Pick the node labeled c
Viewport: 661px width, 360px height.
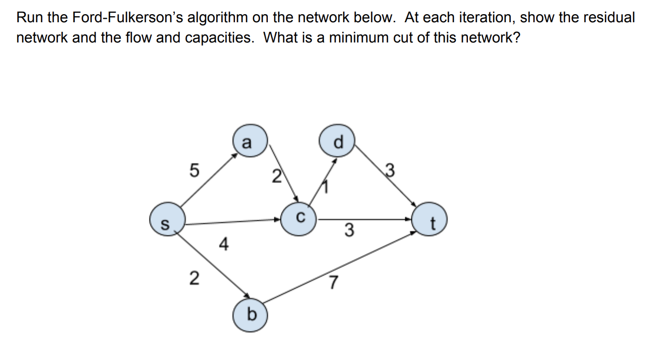click(x=299, y=219)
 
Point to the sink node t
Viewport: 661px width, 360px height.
click(x=430, y=222)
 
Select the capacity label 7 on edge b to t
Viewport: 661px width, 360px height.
click(x=333, y=283)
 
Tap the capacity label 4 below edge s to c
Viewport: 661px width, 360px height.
click(x=223, y=245)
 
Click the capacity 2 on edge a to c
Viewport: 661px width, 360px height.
click(x=275, y=176)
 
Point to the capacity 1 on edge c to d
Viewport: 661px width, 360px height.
click(x=326, y=189)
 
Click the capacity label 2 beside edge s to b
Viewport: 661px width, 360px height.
click(x=194, y=278)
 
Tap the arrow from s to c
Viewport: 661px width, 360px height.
click(x=232, y=221)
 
